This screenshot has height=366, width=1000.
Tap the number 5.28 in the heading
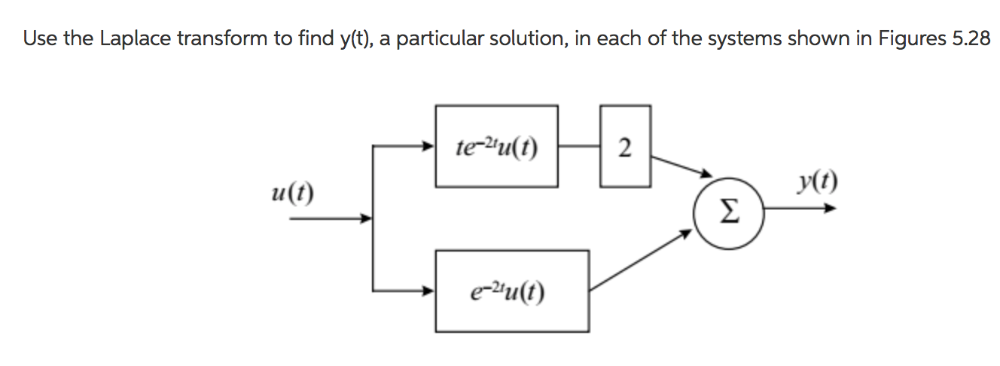(971, 40)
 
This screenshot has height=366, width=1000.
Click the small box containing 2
(625, 145)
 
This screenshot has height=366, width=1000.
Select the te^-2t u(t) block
(497, 145)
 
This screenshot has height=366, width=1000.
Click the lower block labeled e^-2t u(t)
(511, 291)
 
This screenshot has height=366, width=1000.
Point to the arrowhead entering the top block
(429, 145)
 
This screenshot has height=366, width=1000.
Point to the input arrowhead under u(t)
(367, 219)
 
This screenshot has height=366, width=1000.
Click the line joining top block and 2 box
(579, 145)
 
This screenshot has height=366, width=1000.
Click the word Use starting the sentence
(38, 40)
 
